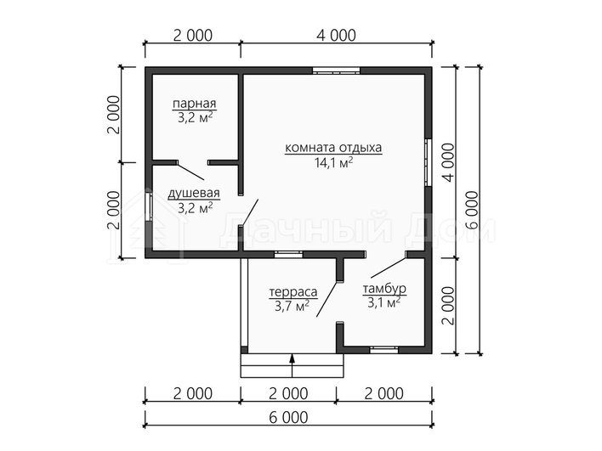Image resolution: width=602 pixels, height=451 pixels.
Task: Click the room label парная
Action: (194, 104)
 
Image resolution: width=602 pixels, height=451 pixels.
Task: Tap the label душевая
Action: (194, 194)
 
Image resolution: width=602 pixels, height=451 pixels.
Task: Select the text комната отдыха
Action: (333, 148)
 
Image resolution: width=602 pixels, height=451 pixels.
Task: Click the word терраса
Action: (293, 292)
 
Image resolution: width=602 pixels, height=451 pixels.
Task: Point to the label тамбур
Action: (384, 289)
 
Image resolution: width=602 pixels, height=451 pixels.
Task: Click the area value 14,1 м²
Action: (333, 162)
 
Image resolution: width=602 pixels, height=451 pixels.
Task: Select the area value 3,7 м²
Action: (292, 306)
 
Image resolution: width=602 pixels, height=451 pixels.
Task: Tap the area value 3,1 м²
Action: (384, 302)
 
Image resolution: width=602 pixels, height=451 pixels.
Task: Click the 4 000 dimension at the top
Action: (337, 36)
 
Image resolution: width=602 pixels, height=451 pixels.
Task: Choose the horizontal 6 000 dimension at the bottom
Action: (288, 417)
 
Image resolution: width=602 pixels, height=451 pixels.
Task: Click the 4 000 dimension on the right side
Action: (448, 162)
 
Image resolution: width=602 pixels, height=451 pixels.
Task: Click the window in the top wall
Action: (336, 70)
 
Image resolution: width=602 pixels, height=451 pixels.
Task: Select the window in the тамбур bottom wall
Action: (384, 349)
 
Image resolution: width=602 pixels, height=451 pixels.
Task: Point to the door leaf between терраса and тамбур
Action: (327, 299)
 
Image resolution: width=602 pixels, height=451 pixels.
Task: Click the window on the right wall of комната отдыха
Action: (428, 162)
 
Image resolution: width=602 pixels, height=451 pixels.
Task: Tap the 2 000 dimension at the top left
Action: (193, 36)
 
